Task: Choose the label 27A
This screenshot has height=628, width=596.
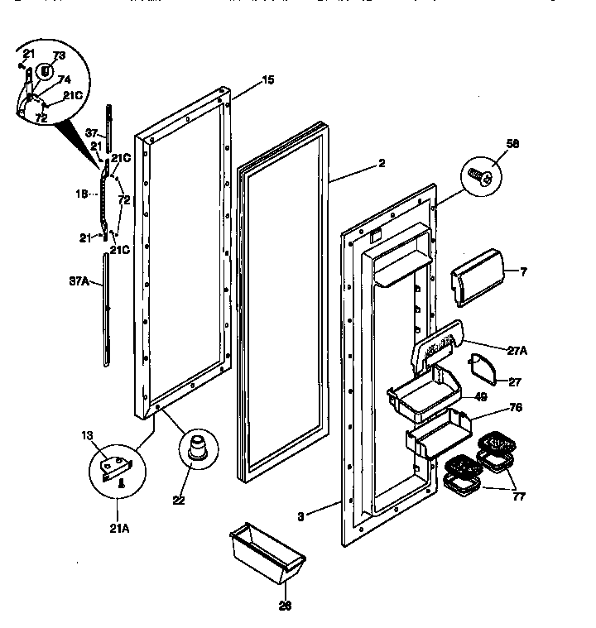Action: click(517, 350)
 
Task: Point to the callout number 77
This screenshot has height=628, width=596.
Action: click(518, 497)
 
